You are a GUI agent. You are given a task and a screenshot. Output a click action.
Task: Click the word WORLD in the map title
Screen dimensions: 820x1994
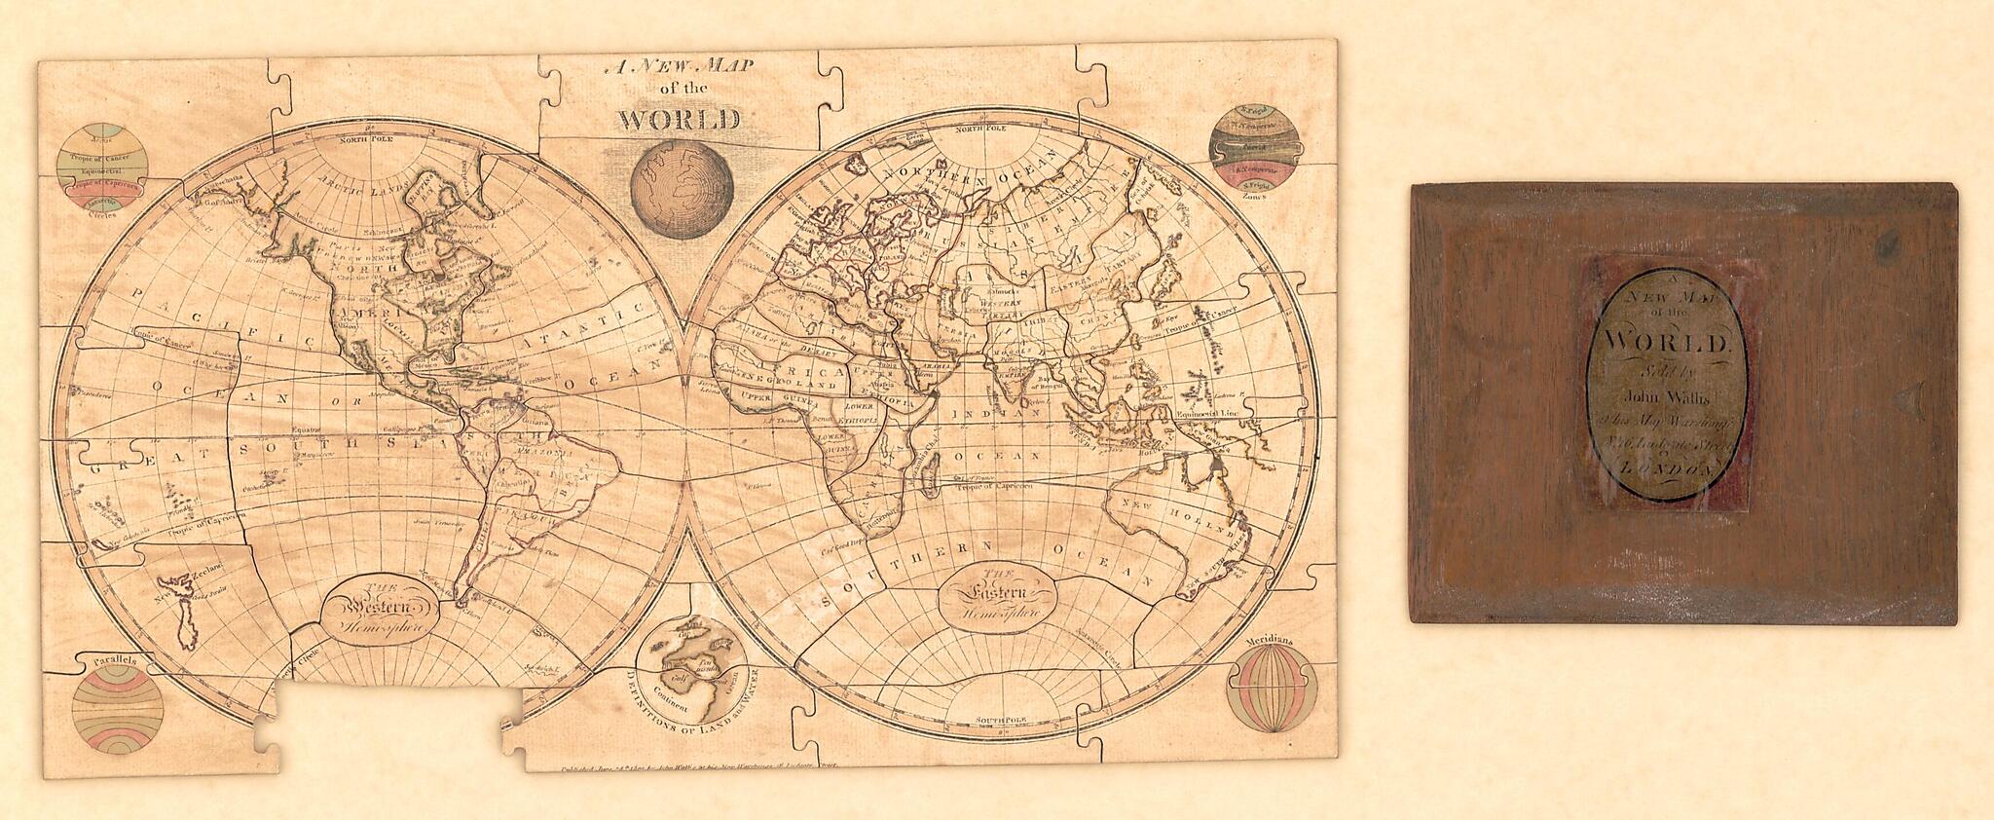point(680,121)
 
